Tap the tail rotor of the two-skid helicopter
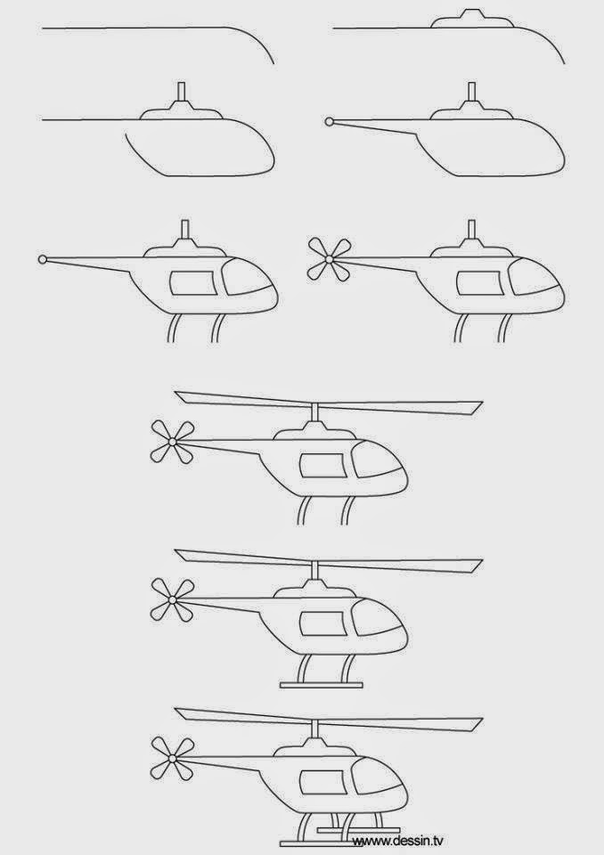click(173, 759)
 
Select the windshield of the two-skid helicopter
click(378, 781)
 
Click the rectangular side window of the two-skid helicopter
click(322, 783)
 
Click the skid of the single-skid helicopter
click(321, 684)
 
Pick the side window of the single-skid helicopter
click(323, 623)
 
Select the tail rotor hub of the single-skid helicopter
click(173, 599)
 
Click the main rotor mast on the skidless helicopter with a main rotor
click(314, 412)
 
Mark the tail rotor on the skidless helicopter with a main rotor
click(173, 441)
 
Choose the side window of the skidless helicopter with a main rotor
click(323, 466)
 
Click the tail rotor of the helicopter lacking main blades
click(329, 259)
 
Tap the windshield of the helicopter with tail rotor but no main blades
click(535, 277)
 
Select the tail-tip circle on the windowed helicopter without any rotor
click(43, 259)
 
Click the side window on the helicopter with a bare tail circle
click(193, 283)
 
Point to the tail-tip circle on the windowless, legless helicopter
click(329, 122)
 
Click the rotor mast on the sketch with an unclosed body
click(182, 92)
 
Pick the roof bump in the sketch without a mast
click(471, 19)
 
